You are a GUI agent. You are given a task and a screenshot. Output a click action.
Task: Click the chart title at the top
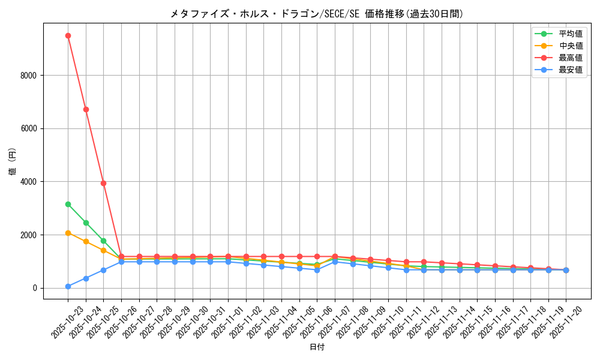[316, 14]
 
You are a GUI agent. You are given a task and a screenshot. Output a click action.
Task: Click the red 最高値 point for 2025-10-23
[68, 35]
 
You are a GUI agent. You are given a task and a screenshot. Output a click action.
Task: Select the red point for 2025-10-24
[86, 109]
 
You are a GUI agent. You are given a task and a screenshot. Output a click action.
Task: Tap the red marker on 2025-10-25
[103, 183]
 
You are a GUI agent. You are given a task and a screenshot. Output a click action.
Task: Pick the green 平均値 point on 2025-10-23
[68, 204]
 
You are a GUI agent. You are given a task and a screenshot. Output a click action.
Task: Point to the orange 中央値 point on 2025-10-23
[68, 233]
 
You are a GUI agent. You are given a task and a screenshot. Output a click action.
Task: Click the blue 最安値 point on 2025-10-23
[68, 286]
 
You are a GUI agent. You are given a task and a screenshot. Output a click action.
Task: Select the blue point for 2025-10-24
[86, 278]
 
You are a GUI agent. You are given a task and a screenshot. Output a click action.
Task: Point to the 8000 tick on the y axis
[29, 75]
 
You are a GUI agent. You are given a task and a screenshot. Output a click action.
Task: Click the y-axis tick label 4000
[29, 182]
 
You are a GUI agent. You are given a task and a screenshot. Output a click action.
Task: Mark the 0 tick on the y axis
[35, 288]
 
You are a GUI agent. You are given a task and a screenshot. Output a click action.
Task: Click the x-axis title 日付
[316, 347]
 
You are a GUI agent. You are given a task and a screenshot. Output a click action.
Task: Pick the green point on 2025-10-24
[86, 223]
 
